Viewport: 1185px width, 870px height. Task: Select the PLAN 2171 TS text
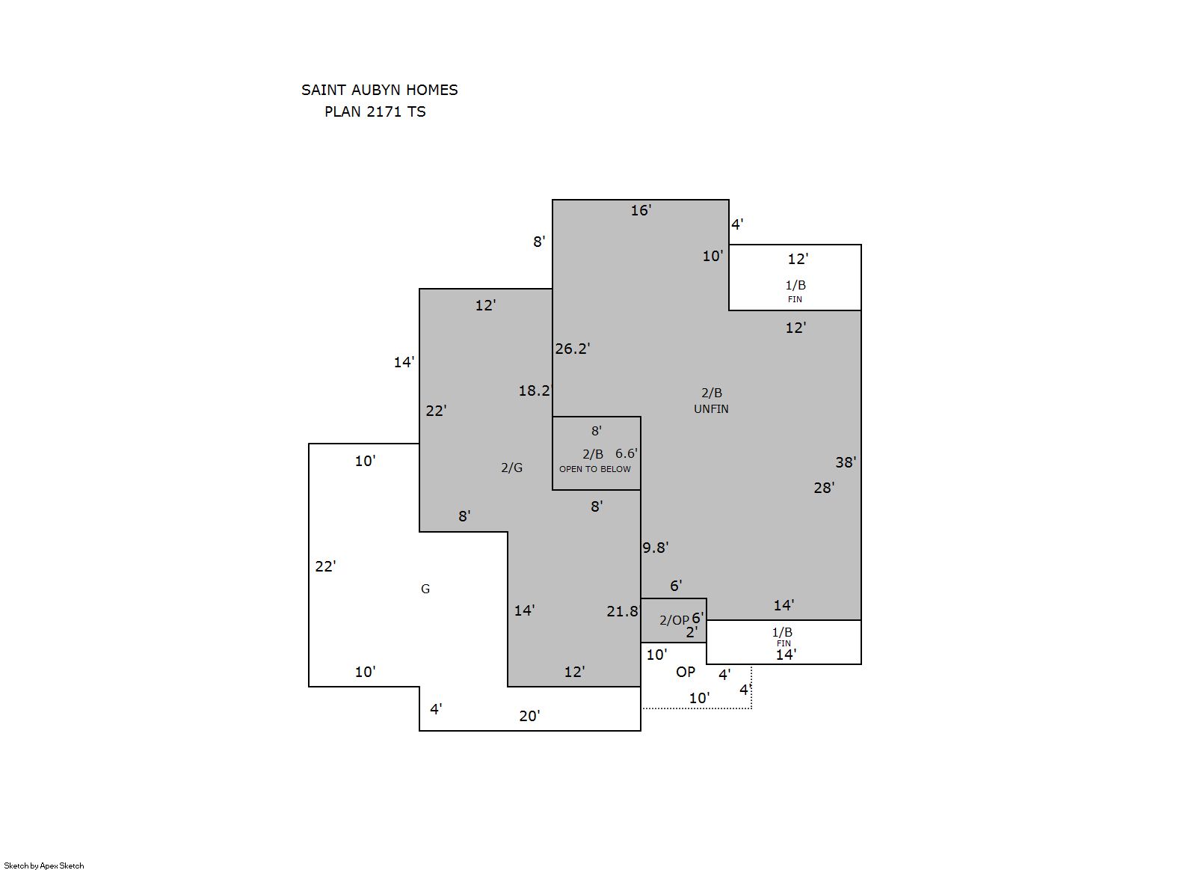375,111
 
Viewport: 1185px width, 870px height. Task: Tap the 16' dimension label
641,210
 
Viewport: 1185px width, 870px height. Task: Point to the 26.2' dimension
572,349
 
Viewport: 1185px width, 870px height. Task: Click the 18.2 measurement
534,390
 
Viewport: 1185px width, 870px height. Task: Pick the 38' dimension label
846,462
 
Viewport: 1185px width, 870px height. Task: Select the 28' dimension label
824,488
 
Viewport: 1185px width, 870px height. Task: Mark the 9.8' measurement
655,548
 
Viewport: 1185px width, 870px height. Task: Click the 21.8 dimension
622,611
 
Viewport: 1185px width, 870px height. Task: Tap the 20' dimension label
529,716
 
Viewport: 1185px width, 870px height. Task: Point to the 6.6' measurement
627,453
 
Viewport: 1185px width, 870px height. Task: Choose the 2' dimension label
692,632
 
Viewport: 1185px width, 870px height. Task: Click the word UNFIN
711,409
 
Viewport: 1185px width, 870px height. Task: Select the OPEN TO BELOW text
595,469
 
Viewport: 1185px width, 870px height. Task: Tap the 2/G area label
511,468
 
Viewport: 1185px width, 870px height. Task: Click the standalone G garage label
425,589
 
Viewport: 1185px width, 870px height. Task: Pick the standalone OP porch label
686,672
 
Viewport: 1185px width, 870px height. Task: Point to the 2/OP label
674,620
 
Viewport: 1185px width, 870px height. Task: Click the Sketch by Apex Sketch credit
44,866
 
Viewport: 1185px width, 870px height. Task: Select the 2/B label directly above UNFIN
712,393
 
